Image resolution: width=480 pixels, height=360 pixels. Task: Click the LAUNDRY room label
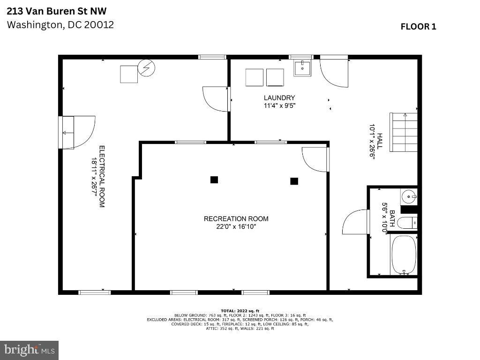coord(279,97)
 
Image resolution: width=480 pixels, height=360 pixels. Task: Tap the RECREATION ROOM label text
coord(236,219)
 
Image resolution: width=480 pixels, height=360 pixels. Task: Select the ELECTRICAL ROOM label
coord(102,177)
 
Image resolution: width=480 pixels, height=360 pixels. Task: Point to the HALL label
coord(380,141)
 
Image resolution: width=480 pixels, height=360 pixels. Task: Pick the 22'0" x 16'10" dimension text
coord(236,227)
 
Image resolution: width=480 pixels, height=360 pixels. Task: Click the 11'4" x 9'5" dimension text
coord(279,105)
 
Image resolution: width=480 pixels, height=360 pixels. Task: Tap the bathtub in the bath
coord(404,255)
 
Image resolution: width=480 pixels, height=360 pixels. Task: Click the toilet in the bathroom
coord(407,223)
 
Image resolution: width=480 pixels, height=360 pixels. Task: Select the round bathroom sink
coord(409,197)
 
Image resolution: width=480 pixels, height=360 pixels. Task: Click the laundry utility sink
coord(302,67)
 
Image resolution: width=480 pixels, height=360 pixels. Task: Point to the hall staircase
coord(404,132)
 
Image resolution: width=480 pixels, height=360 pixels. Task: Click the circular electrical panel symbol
coord(146,67)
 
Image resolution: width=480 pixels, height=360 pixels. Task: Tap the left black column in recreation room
coord(214,180)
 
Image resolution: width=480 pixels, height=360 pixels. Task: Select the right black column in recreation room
coord(294,181)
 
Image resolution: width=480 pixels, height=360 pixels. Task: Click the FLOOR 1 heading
coord(418,27)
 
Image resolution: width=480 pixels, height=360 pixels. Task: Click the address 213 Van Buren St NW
coord(57,11)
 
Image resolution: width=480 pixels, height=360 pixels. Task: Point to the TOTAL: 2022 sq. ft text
coord(240,311)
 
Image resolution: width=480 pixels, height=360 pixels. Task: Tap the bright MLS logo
coord(29,350)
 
